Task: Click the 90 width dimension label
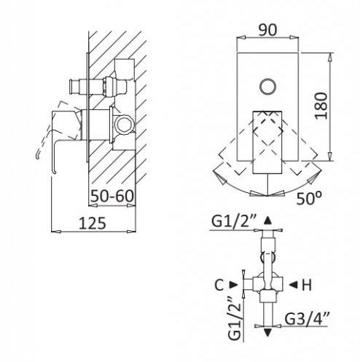tap(267, 30)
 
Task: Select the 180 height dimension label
tap(321, 106)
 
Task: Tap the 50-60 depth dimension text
tap(112, 196)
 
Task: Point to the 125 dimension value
tap(93, 223)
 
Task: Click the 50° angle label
tap(309, 198)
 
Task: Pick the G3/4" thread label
tap(307, 319)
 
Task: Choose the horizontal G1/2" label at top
tap(234, 221)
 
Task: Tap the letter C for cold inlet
tap(219, 285)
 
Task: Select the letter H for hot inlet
tap(307, 285)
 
